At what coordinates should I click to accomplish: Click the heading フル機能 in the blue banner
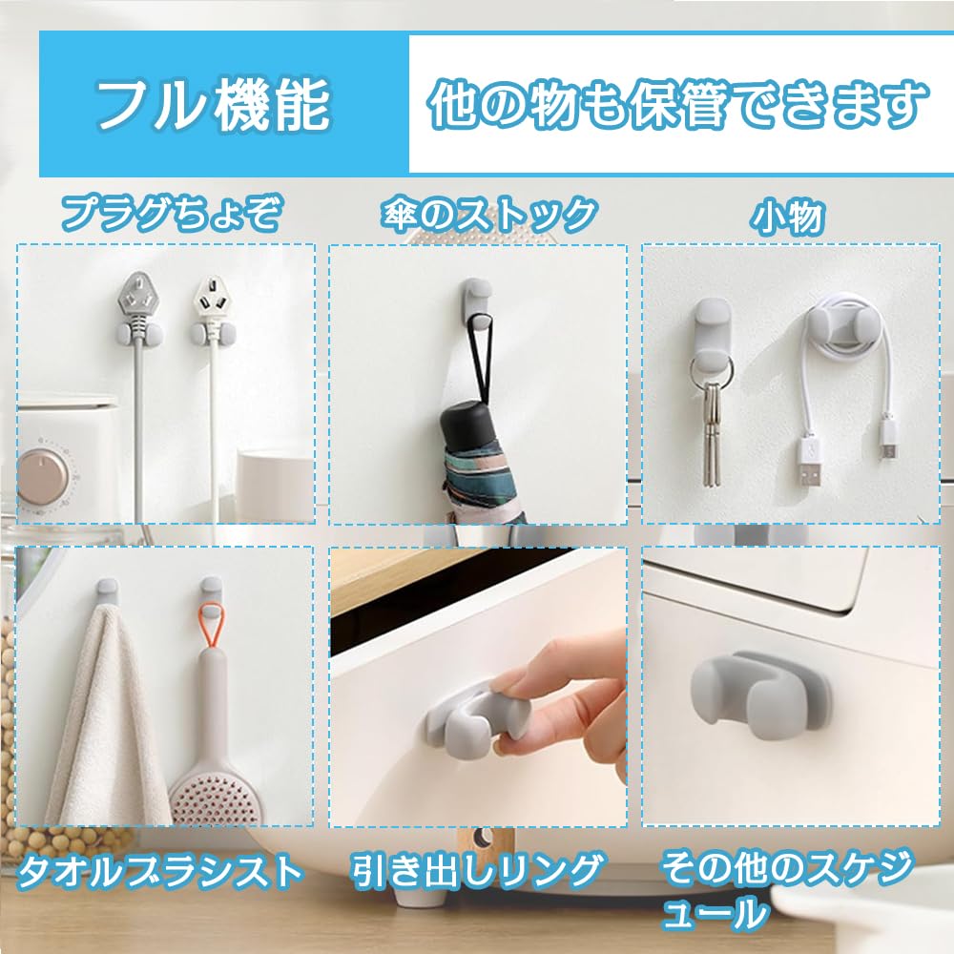click(213, 105)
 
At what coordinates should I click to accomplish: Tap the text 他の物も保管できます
click(678, 105)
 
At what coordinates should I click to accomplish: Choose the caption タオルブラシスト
click(160, 870)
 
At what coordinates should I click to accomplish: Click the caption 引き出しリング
click(478, 870)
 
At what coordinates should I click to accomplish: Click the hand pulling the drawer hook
click(563, 696)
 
